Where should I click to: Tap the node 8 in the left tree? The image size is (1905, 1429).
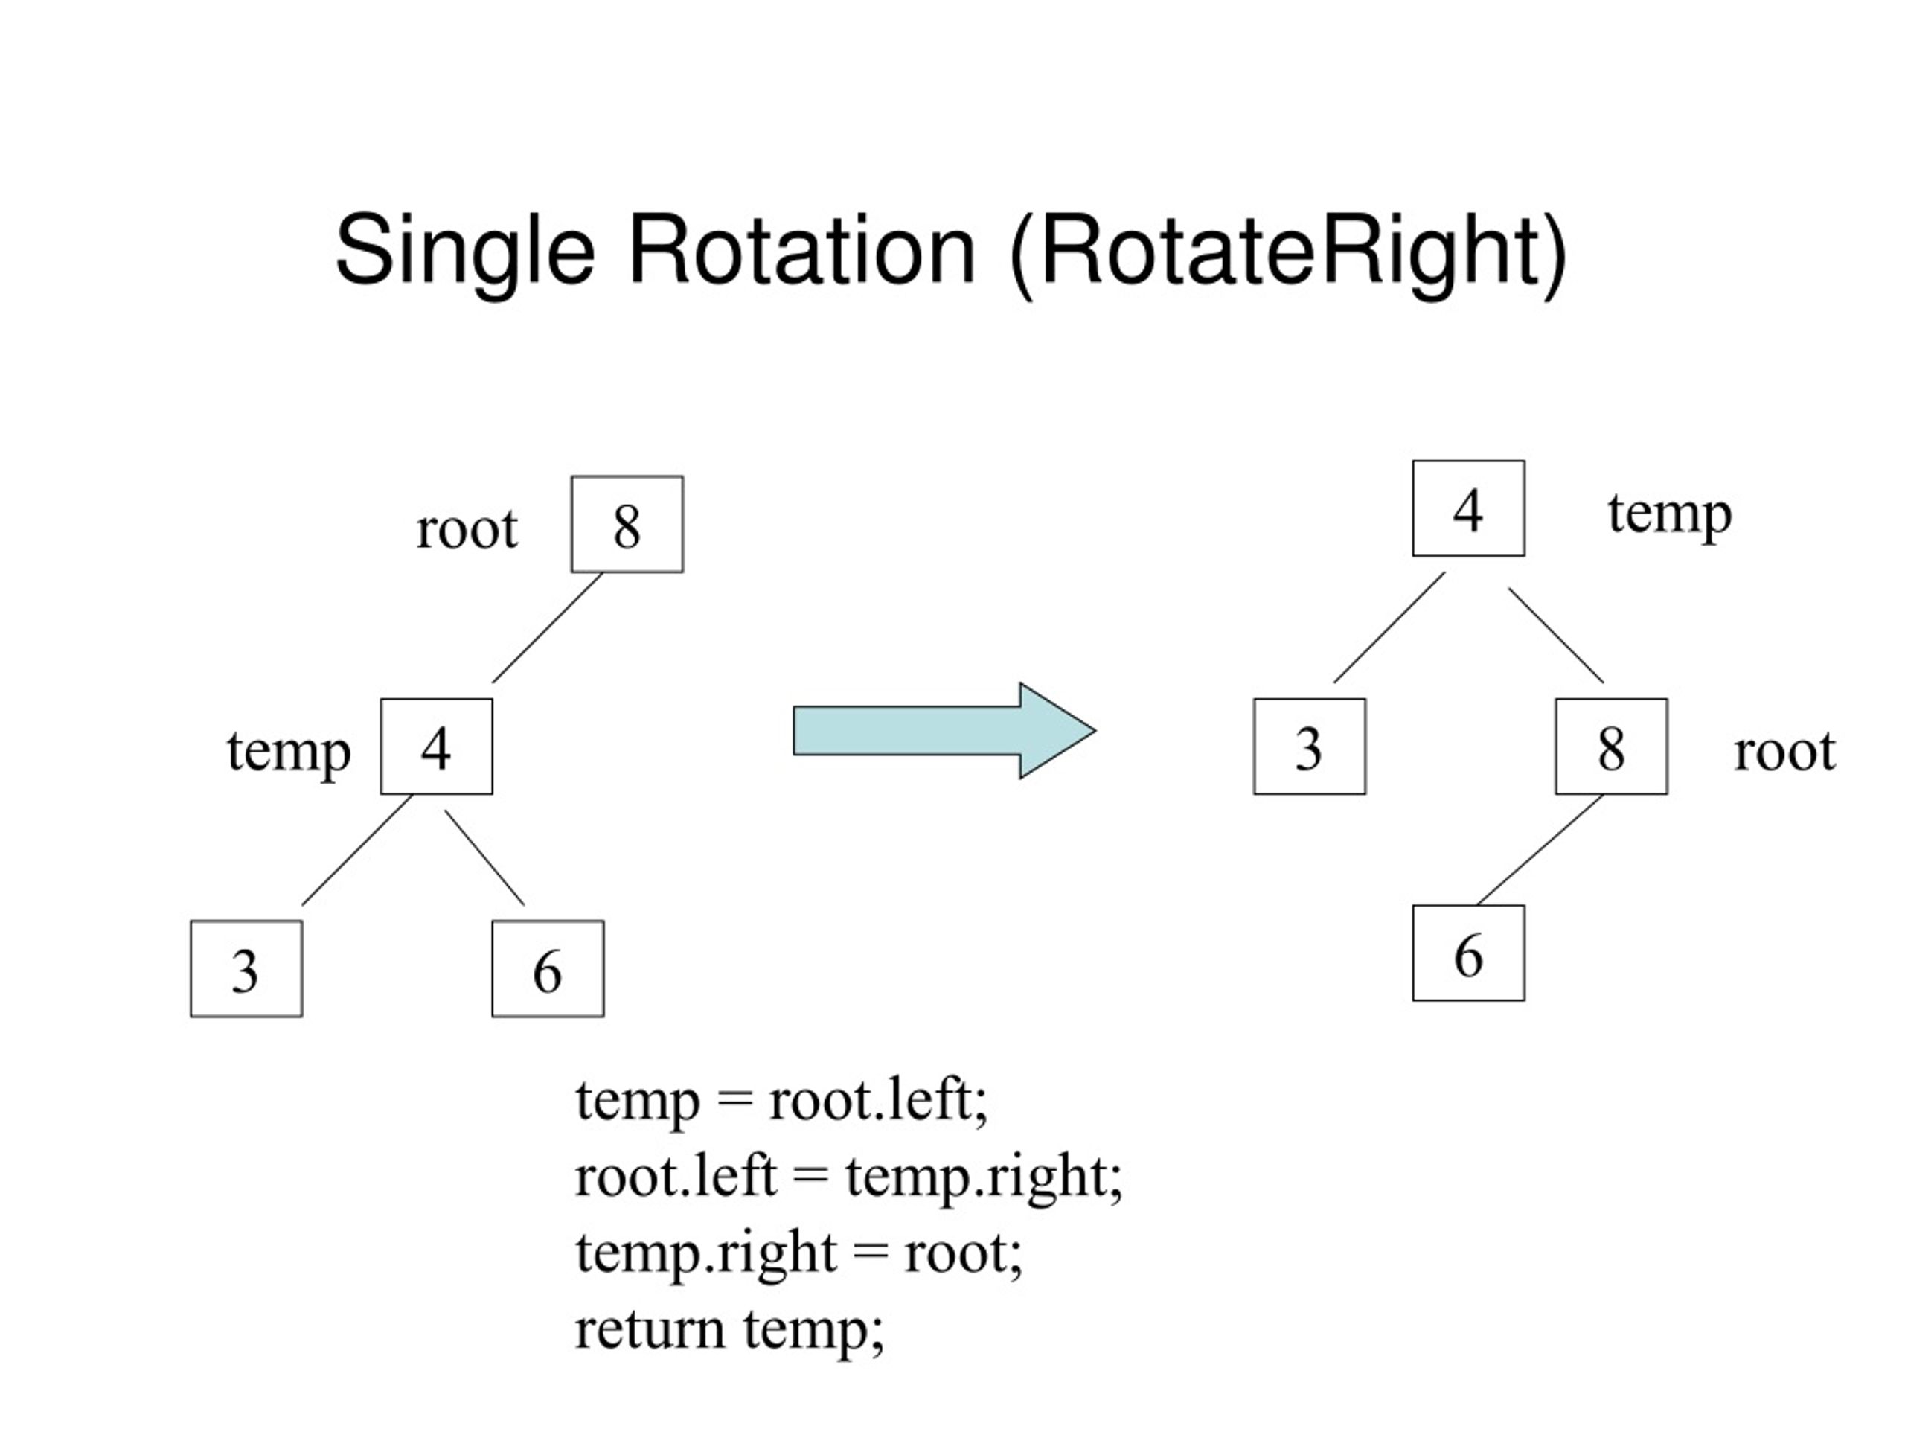point(627,524)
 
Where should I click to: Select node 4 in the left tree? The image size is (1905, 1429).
point(437,746)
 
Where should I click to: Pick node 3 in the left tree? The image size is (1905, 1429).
point(246,968)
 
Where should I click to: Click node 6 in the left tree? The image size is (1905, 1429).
point(548,968)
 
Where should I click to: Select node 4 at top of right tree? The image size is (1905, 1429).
point(1468,508)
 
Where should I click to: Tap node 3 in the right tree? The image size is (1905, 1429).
point(1310,746)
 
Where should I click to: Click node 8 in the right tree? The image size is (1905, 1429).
point(1611,746)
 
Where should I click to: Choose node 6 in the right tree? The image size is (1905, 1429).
point(1468,953)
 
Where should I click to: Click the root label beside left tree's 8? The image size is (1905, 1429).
point(467,527)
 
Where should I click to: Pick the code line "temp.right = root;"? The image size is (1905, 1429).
point(798,1253)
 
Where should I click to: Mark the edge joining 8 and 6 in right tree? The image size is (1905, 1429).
point(1540,849)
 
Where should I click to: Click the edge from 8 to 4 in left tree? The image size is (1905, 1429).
point(548,628)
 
